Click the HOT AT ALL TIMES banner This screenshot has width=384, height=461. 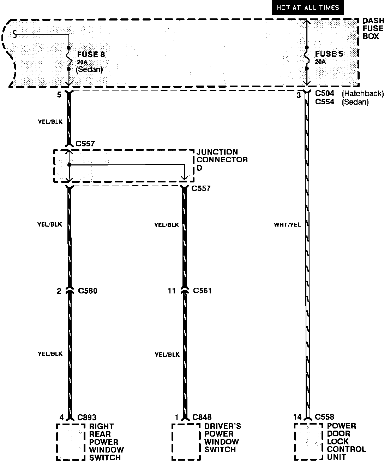308,8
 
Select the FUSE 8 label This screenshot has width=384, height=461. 91,54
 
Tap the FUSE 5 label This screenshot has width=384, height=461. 329,54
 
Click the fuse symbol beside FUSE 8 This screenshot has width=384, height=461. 69,58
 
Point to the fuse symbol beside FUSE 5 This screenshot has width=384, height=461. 307,57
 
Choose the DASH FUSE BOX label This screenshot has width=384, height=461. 373,29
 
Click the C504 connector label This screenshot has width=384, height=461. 325,94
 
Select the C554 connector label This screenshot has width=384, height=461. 325,102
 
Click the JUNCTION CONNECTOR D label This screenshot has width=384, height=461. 222,160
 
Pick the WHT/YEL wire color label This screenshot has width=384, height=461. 287,224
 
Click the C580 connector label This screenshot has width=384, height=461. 88,291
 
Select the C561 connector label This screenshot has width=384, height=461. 203,291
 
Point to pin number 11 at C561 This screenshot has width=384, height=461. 172,291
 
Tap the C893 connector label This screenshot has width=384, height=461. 87,418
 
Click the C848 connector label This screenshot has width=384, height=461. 202,418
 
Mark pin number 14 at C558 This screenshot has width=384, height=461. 298,417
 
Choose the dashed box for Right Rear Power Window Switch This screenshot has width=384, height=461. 71,442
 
